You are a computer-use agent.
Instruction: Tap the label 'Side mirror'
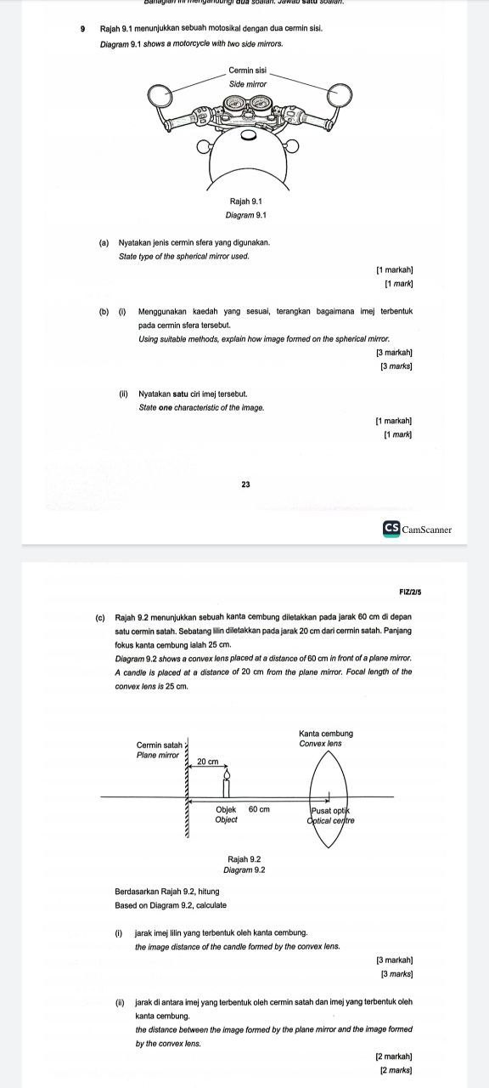click(x=248, y=84)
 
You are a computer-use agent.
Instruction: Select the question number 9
click(x=83, y=29)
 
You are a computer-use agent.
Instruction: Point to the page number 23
click(x=245, y=484)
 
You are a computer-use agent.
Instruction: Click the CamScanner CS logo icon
click(x=391, y=529)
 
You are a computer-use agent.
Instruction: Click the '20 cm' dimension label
click(x=208, y=762)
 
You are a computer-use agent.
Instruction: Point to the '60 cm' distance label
click(x=258, y=809)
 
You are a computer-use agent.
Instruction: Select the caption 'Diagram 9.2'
click(x=244, y=870)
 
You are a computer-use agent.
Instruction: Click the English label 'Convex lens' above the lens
click(x=326, y=744)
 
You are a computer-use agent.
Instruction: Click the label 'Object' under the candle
click(x=227, y=819)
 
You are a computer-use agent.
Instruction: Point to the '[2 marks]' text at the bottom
click(x=396, y=1068)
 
